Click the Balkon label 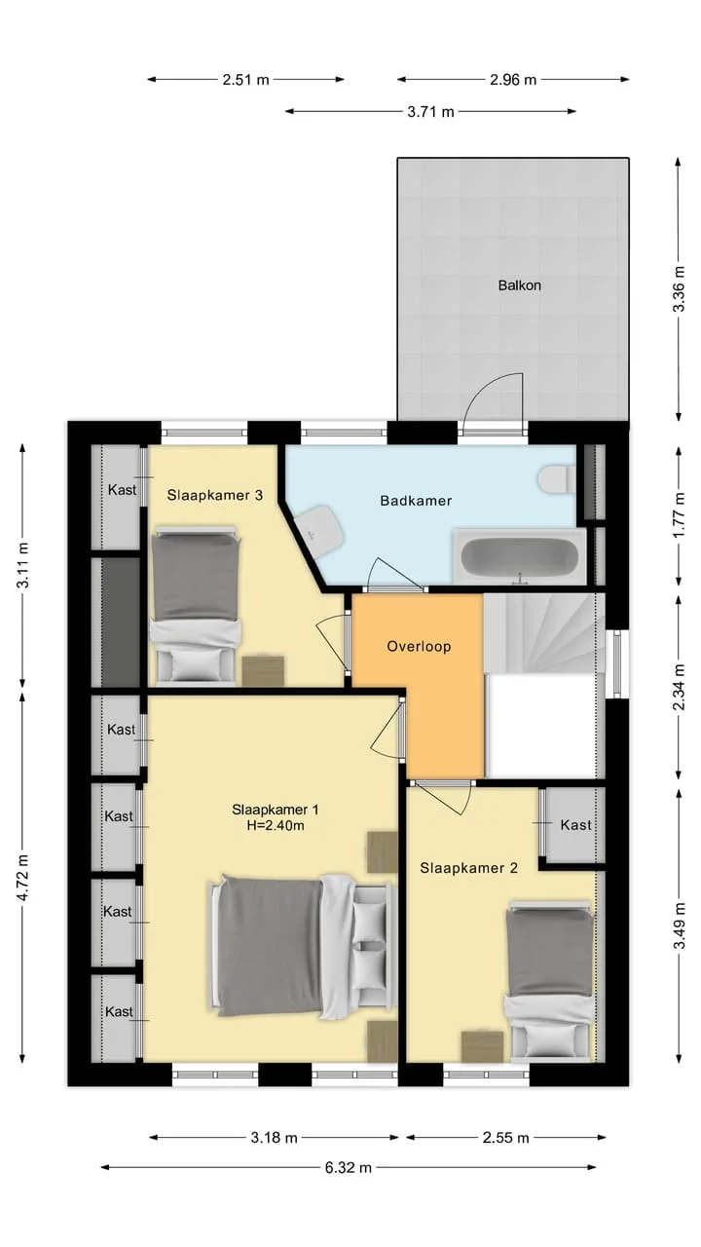pyautogui.click(x=519, y=285)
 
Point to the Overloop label pyautogui.click(x=419, y=646)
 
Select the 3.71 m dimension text pyautogui.click(x=430, y=112)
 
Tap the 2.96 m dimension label pyautogui.click(x=513, y=80)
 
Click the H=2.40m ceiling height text pyautogui.click(x=276, y=825)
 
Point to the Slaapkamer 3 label pyautogui.click(x=215, y=495)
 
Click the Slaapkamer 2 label pyautogui.click(x=468, y=868)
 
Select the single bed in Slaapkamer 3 pyautogui.click(x=197, y=605)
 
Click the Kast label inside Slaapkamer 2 pyautogui.click(x=575, y=824)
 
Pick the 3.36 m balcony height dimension pyautogui.click(x=679, y=289)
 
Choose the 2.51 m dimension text pyautogui.click(x=246, y=80)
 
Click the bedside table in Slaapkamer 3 pyautogui.click(x=263, y=670)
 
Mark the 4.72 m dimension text pyautogui.click(x=22, y=878)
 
